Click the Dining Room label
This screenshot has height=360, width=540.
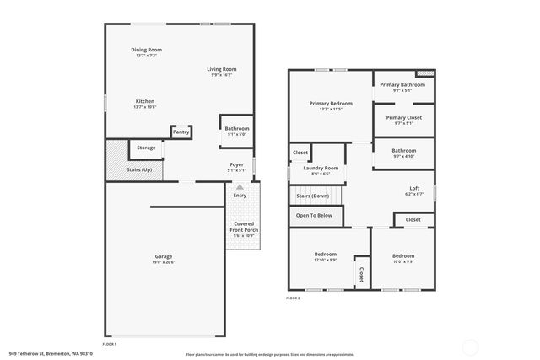[x=146, y=50]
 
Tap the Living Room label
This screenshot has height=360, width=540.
[x=222, y=69]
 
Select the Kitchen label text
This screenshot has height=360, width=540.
[x=145, y=101]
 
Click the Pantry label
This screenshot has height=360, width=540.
[x=181, y=132]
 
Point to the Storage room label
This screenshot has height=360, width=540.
[x=146, y=148]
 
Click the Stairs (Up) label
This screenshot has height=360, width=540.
[x=139, y=169]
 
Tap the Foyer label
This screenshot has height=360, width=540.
[x=237, y=164]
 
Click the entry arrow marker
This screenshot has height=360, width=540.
[x=240, y=186]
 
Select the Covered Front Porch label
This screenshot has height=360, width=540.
[x=246, y=226]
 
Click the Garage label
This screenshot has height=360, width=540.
[x=164, y=257]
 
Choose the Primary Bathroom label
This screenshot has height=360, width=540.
[x=402, y=84]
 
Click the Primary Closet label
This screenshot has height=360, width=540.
[x=403, y=117]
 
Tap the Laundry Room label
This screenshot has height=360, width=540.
[x=321, y=168]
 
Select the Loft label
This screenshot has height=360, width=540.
[x=414, y=188]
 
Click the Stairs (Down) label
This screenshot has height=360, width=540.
[x=312, y=196]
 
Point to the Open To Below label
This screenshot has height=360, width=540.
[x=313, y=215]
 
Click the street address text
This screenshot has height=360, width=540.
[x=51, y=353]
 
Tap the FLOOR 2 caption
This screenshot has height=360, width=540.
[x=293, y=298]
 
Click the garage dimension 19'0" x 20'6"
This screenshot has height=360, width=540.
[x=164, y=263]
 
